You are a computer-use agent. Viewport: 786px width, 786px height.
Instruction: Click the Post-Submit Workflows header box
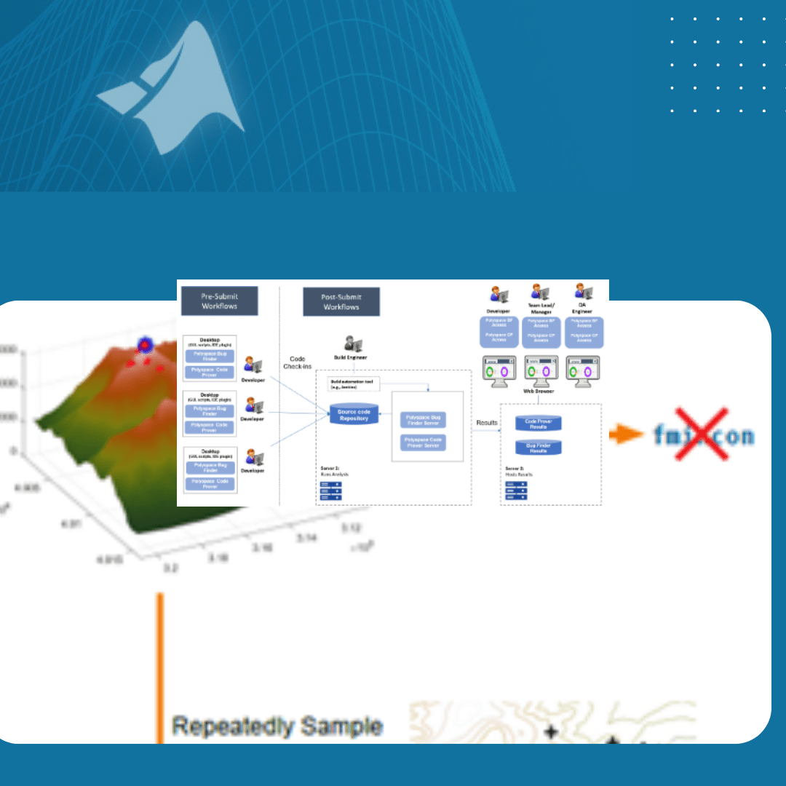341,301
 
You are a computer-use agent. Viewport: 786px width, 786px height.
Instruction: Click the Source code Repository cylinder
354,416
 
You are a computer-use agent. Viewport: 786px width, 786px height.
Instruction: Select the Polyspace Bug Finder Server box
423,420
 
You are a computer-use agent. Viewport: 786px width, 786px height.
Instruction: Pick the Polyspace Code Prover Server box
423,442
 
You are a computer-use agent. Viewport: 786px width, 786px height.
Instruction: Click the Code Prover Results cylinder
538,424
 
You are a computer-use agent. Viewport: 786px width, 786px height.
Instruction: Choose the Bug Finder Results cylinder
538,448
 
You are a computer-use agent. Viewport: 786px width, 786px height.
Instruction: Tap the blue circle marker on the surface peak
145,346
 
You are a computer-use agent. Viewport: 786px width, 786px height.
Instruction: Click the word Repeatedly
233,726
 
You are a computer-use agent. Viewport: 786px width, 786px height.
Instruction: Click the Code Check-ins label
297,362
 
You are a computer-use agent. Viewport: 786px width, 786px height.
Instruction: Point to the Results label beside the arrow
487,422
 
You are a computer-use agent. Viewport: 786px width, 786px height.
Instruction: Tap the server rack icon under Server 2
517,493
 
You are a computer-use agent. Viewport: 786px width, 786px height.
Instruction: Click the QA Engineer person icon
584,293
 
